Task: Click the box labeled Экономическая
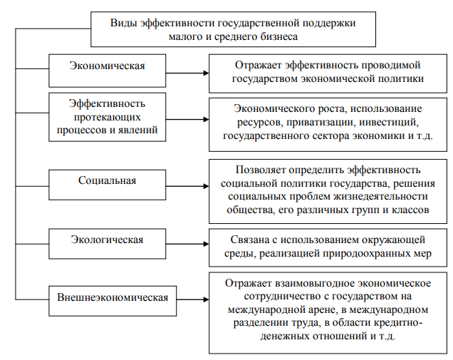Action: (107, 71)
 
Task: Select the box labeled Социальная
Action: (107, 185)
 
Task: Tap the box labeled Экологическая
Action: (107, 244)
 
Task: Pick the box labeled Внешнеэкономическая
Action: (113, 301)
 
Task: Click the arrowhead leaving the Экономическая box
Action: (207, 73)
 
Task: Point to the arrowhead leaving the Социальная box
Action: (207, 186)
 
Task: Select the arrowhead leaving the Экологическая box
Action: (207, 244)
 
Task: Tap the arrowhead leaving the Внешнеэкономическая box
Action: (207, 299)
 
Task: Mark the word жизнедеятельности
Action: (381, 197)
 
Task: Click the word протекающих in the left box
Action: (107, 118)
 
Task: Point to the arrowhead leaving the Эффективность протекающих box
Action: (207, 120)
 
